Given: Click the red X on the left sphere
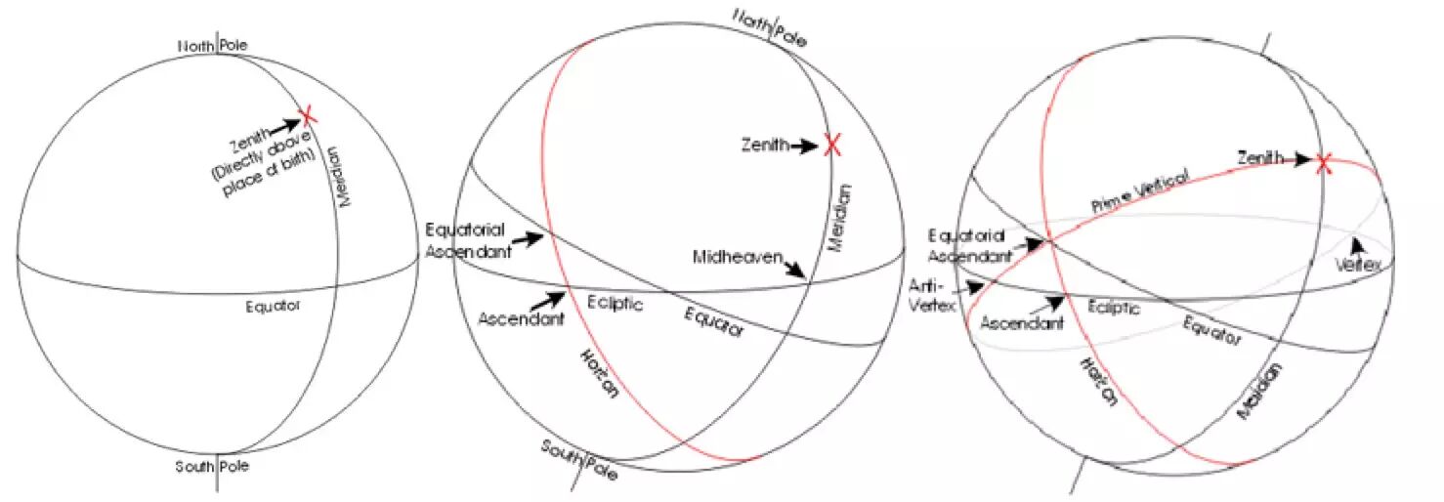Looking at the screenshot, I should coord(308,116).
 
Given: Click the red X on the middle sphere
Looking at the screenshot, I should coord(832,146).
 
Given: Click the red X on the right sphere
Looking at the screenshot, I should coord(1324,163).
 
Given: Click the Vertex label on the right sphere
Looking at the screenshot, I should coord(1359,264).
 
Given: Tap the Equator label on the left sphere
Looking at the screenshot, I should coord(274,307).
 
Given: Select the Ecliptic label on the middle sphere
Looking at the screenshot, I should coord(615,304).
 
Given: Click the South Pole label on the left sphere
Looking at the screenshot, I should coord(212,466).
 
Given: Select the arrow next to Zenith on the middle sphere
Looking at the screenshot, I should coord(806,146).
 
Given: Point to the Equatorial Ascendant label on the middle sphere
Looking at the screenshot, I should coord(466,238).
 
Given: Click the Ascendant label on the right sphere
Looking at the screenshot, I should coord(1022,323).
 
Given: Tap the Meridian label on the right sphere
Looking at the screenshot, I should coord(1260,391).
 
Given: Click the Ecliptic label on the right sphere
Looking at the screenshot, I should coord(1115,308).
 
